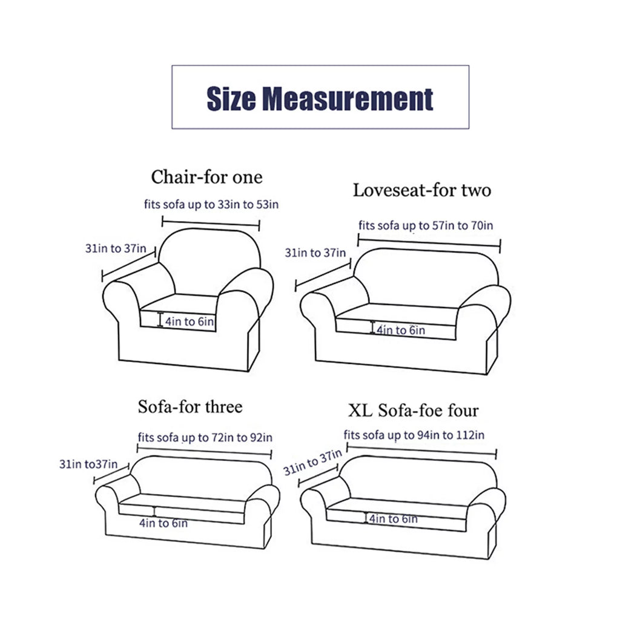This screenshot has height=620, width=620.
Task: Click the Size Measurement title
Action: click(320, 99)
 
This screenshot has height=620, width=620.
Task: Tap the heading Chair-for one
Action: click(207, 177)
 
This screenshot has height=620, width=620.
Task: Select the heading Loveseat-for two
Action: click(422, 190)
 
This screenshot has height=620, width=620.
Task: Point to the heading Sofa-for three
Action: click(190, 406)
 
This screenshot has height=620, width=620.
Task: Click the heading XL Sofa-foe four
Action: click(413, 411)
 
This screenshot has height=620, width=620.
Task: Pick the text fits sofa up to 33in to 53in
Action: click(211, 205)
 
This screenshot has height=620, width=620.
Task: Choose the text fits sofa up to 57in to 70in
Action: click(426, 225)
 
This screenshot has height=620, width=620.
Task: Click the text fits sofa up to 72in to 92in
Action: click(205, 437)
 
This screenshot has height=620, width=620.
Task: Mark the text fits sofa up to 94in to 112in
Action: click(414, 435)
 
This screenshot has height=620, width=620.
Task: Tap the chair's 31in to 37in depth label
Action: click(116, 248)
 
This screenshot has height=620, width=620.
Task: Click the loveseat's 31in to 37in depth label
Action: click(315, 252)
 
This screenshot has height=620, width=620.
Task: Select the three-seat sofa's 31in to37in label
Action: click(88, 464)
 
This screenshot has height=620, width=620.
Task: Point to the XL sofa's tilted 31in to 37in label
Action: click(312, 462)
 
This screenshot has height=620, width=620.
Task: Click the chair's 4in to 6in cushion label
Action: click(190, 322)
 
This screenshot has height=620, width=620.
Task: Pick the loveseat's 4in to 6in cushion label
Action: click(401, 330)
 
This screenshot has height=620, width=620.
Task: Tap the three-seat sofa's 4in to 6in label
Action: click(163, 523)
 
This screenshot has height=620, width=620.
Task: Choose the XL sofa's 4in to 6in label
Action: click(394, 518)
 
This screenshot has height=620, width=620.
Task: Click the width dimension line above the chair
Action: click(211, 223)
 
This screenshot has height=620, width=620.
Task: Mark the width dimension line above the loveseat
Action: click(429, 243)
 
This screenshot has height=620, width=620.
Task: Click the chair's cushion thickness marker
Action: click(160, 320)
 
